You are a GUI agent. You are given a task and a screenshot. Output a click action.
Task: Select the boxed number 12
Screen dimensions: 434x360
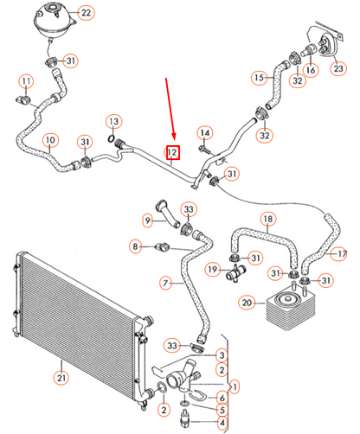coord(173,153)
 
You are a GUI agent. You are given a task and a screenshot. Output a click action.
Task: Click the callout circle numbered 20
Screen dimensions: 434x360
coord(247,303)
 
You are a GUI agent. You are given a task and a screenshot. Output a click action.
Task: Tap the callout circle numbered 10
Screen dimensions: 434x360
coord(50,140)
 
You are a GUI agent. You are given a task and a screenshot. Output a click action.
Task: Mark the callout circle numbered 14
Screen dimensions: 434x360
coord(204,132)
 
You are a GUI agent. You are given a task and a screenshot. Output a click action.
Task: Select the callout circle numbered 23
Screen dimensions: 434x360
coord(339,67)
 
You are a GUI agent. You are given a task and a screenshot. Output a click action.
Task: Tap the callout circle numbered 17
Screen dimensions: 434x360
coord(341,253)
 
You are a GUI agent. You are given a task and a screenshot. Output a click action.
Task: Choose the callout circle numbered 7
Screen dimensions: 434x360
coord(165,283)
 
